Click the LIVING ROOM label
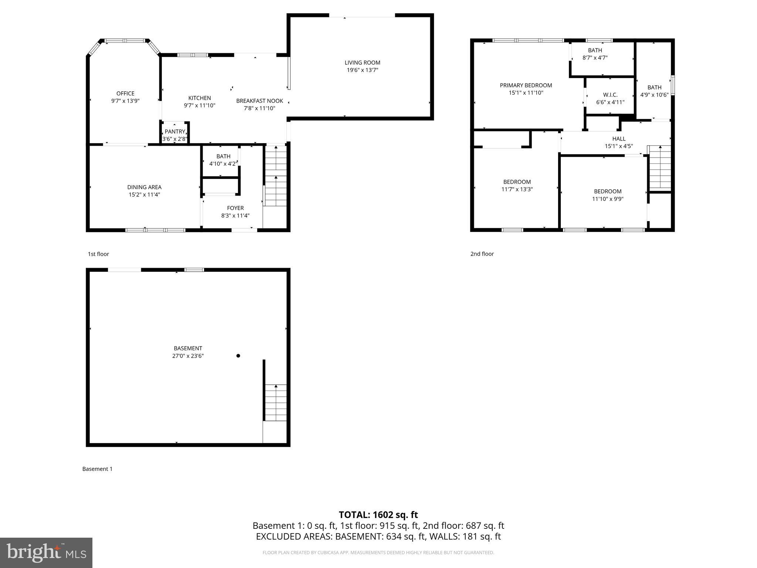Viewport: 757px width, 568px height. [362, 63]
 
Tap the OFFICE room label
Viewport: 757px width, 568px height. [125, 94]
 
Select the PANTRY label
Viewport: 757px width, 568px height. [175, 132]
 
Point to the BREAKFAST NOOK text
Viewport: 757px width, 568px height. [259, 101]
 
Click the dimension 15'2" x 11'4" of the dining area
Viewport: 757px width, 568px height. [144, 195]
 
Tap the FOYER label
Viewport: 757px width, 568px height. [235, 208]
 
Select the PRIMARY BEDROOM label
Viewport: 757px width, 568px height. [526, 85]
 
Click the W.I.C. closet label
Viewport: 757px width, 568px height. [610, 95]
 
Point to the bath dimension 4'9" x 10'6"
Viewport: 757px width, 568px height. [654, 95]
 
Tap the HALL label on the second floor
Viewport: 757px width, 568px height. [619, 139]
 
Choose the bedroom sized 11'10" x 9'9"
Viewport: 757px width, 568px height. [607, 195]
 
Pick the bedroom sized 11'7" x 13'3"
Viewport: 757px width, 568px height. [517, 186]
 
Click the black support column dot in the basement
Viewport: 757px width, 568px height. [238, 356]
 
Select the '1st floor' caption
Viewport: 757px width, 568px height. [98, 254]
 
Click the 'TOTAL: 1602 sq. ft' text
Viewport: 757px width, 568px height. [378, 515]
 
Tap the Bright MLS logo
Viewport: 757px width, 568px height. [46, 552]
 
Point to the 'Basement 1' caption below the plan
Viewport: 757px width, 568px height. [97, 469]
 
